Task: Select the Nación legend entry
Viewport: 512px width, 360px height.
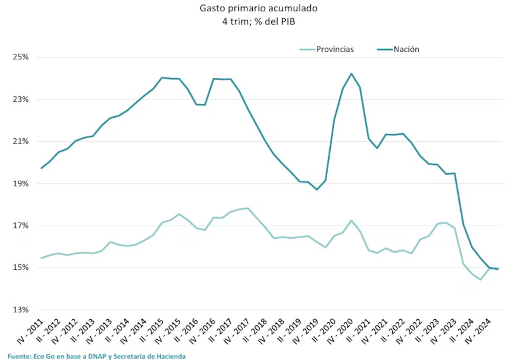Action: [407, 49]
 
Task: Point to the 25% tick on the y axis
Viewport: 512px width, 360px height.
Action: [20, 57]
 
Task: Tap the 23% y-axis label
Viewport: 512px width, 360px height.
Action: [20, 99]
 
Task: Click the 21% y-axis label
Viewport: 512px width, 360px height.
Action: [20, 141]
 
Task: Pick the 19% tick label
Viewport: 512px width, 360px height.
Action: [20, 183]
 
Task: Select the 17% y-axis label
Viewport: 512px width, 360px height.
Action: [20, 226]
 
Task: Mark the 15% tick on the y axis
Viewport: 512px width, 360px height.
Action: [20, 268]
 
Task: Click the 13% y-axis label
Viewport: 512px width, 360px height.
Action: [20, 310]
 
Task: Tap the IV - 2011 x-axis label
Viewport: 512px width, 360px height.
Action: [30, 330]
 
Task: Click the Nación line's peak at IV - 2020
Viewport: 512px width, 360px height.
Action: [351, 73]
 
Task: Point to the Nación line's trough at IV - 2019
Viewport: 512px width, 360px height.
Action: [317, 189]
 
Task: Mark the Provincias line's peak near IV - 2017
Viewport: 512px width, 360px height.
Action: [248, 208]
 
